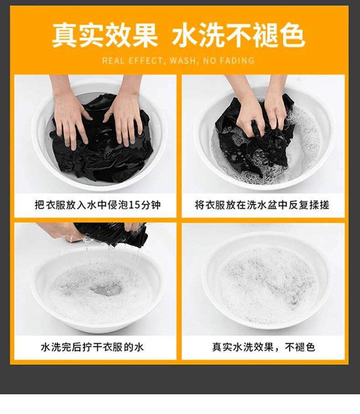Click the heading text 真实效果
[x=105, y=35]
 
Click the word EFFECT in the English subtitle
[x=146, y=61]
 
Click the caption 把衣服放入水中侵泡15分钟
[x=98, y=205]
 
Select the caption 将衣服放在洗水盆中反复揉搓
[x=262, y=205]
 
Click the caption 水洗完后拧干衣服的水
[x=92, y=347]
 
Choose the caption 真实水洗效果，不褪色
[x=263, y=347]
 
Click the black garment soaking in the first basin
[x=102, y=148]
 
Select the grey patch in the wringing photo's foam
[x=106, y=289]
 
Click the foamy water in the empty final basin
[x=266, y=285]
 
